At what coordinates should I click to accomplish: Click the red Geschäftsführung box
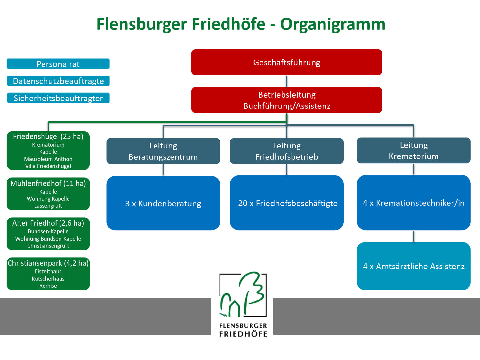coord(287,62)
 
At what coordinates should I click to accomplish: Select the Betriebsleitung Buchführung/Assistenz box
coord(287,100)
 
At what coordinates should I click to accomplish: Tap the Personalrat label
coord(58,64)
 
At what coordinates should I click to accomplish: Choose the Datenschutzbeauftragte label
coord(58,81)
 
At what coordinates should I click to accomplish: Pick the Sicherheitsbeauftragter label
coord(58,98)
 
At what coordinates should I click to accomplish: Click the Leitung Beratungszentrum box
coord(163,151)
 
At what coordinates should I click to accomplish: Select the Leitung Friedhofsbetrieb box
coord(287,151)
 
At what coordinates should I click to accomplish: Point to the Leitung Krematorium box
coord(413,150)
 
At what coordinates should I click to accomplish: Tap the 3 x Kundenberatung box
coord(163,203)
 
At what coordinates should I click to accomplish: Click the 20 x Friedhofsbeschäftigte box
coord(287,203)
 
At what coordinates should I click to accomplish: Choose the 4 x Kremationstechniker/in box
coord(413,203)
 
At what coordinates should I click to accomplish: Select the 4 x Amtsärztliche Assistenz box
coord(413,266)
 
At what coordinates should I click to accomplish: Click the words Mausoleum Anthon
coord(48,159)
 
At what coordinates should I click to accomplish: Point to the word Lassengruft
coord(48,206)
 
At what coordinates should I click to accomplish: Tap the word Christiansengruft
coord(48,246)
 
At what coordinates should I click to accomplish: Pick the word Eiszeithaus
coord(48,271)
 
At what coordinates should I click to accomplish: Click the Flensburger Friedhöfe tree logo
coord(243,294)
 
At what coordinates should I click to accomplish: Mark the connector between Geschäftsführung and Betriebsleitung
coord(287,81)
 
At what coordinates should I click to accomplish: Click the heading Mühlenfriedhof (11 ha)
coord(48,183)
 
